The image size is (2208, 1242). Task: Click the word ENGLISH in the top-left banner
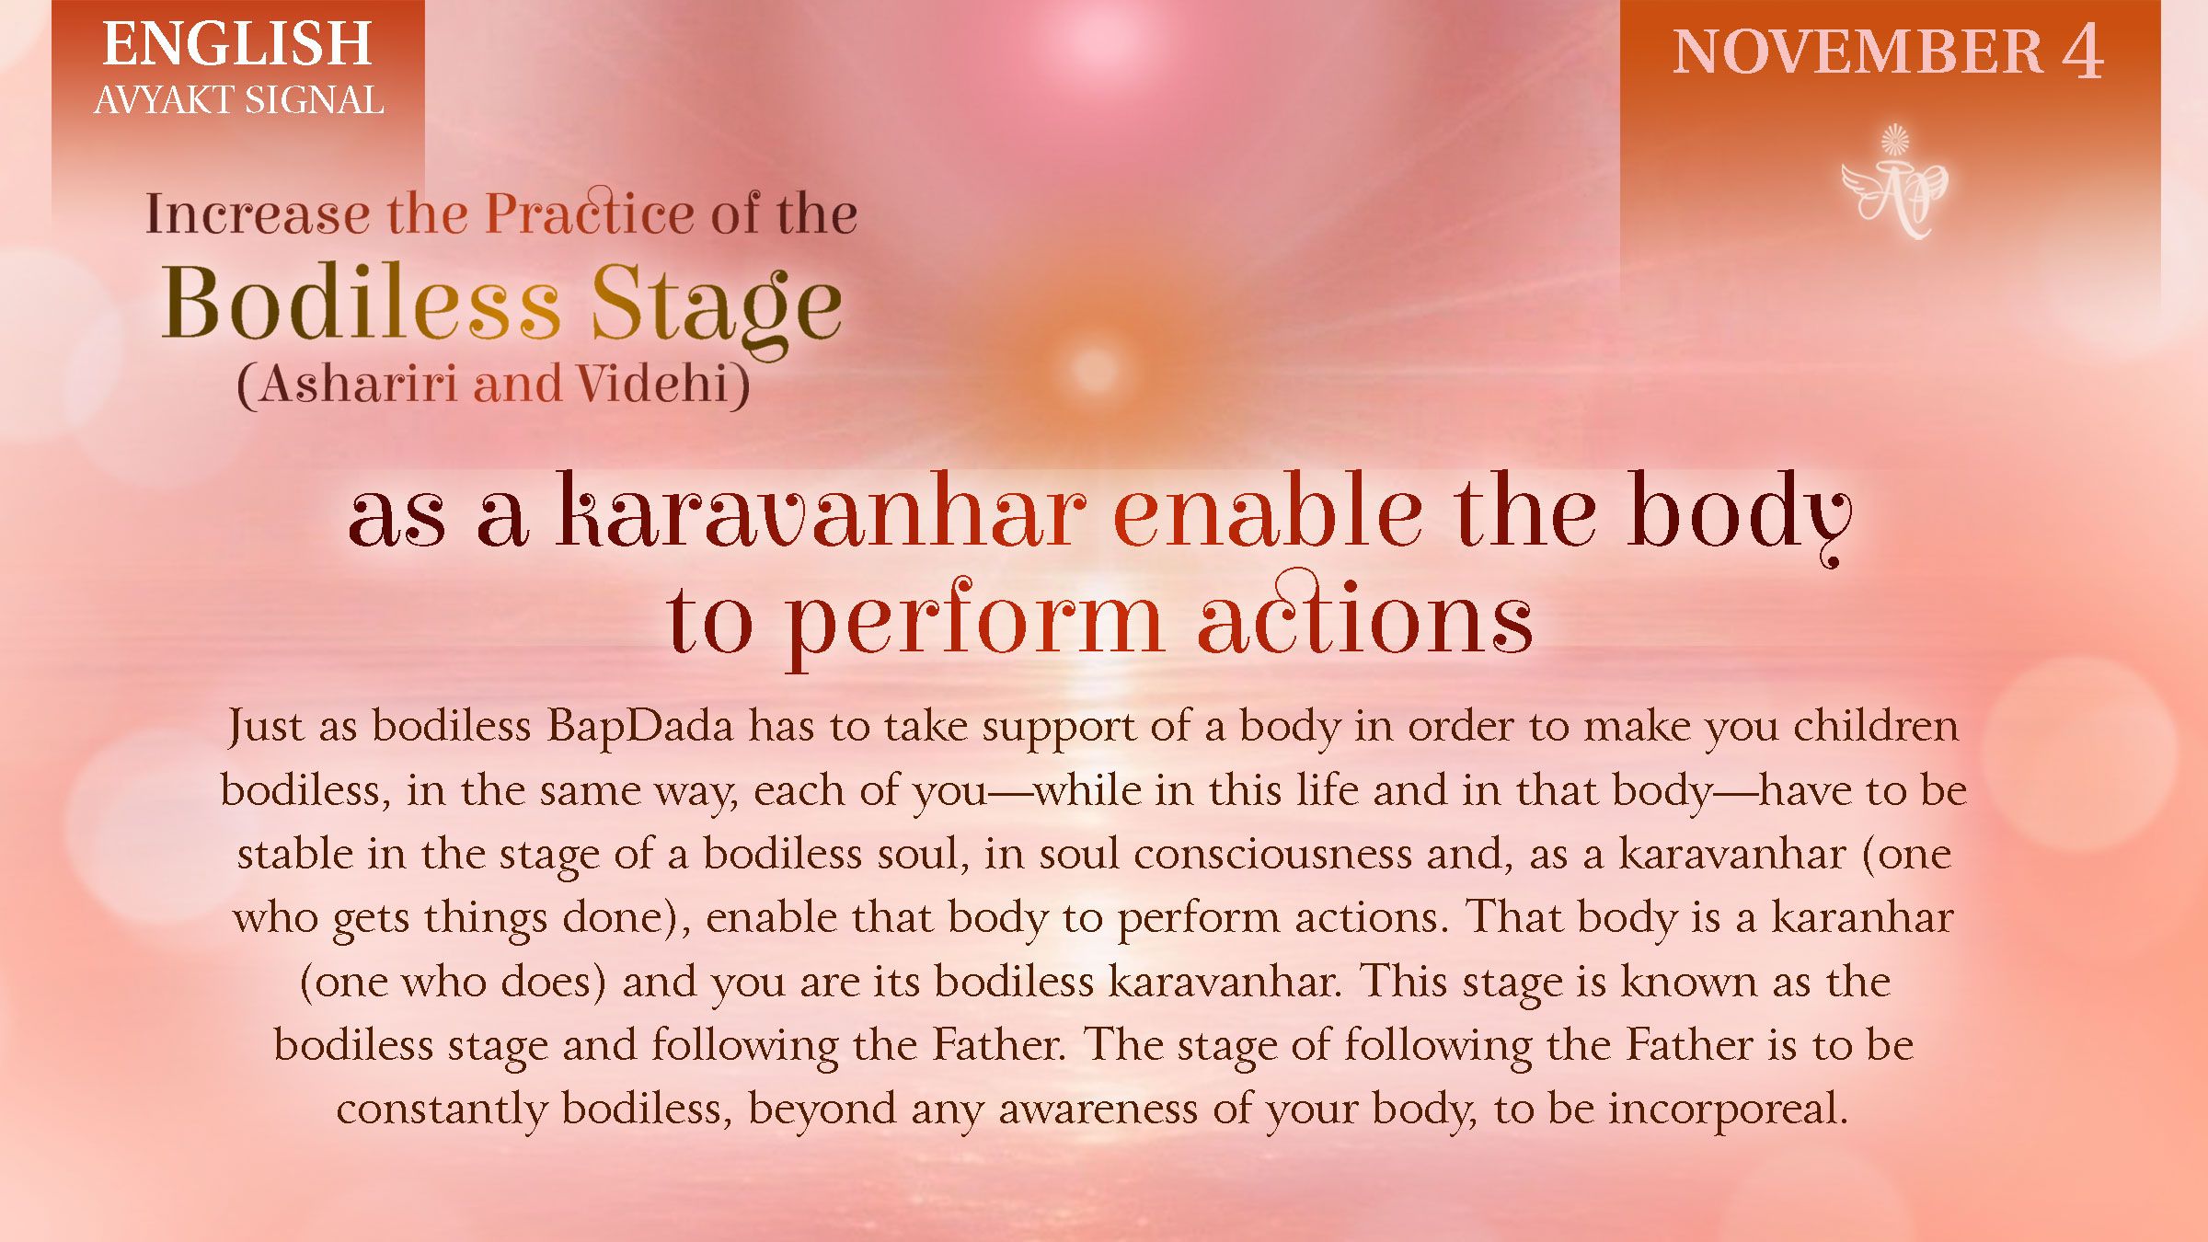click(x=236, y=45)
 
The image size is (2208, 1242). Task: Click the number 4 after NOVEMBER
click(x=2081, y=52)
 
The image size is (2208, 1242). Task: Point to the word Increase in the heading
click(x=257, y=214)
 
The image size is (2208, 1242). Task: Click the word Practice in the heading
click(x=589, y=213)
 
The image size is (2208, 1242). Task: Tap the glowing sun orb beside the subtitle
click(x=1093, y=368)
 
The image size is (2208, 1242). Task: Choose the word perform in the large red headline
click(x=975, y=621)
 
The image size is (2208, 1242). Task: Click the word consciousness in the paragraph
click(x=1272, y=854)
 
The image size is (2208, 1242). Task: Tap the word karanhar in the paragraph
click(x=1862, y=917)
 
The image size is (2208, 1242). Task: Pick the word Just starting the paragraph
click(x=265, y=726)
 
